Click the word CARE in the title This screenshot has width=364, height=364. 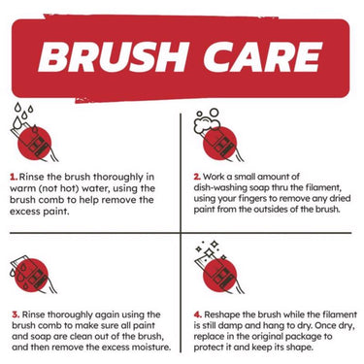(x=263, y=57)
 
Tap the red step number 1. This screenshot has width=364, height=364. (x=14, y=177)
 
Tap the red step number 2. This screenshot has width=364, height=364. (x=197, y=177)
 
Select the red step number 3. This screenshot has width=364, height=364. (x=16, y=314)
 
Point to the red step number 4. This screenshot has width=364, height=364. (x=198, y=314)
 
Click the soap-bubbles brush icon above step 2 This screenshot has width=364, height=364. (x=218, y=135)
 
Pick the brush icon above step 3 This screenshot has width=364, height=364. (x=33, y=275)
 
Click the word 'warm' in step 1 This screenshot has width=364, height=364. (x=21, y=188)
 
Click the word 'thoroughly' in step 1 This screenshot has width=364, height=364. (x=119, y=178)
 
